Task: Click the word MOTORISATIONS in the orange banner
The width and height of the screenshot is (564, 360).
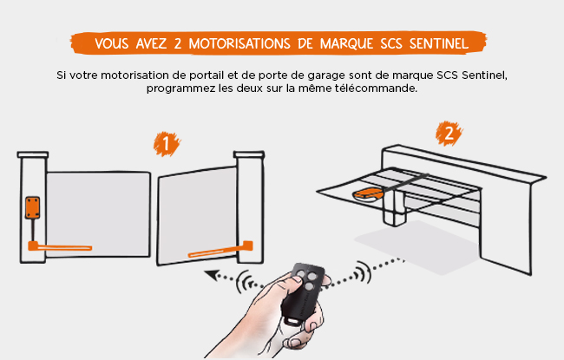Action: coord(239,43)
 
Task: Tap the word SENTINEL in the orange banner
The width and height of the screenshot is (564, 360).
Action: coord(439,43)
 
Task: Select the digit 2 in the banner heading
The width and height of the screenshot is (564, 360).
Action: coord(178,43)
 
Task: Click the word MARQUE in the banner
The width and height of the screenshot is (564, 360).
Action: coord(347,44)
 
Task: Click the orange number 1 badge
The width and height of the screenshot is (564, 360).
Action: coord(167,144)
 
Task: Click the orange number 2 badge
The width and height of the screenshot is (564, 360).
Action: coord(449,134)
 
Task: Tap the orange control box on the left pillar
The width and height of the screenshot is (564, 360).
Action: coord(32,207)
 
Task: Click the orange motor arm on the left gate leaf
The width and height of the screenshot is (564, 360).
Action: coord(60,246)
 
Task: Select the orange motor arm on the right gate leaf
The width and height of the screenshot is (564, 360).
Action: coord(220,250)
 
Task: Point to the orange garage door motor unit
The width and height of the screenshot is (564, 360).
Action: coord(368,195)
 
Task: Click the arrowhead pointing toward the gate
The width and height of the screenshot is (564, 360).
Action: coord(213,275)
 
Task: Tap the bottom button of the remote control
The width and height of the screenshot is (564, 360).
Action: coord(309,286)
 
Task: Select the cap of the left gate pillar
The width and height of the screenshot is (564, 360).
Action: coord(33,154)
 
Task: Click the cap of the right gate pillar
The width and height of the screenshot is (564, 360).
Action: coord(249,154)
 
